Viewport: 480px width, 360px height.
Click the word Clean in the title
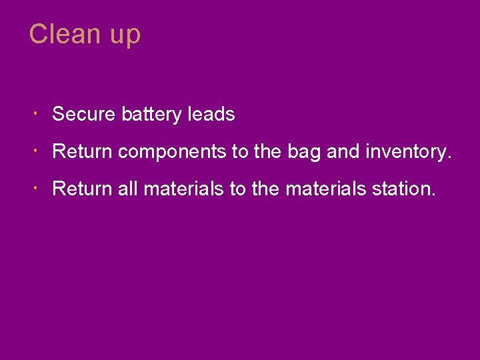63,34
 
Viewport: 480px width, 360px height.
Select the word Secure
84,115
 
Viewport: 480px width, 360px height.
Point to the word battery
152,115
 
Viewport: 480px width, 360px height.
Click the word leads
211,115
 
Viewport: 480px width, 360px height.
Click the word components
172,153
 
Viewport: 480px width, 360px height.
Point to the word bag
304,153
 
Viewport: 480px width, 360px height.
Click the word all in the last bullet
127,189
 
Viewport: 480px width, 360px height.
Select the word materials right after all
183,189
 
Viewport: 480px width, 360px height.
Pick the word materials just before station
325,189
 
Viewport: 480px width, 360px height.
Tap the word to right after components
239,152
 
